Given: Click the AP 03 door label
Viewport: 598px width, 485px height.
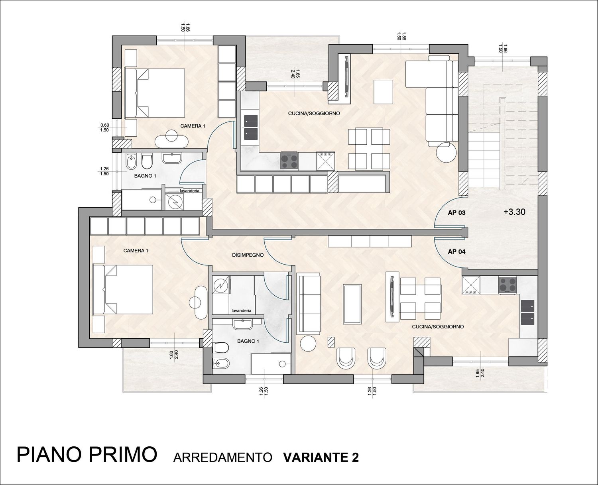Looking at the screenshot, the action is (456, 213).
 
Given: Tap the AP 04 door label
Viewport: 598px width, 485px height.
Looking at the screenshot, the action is (456, 252).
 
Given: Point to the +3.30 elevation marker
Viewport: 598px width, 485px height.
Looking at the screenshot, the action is (514, 212).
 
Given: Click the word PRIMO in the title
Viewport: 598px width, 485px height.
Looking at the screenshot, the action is (123, 455).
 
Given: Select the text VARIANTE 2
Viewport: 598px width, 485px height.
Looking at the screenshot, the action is (321, 458).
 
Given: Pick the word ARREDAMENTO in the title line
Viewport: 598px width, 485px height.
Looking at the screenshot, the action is (222, 458).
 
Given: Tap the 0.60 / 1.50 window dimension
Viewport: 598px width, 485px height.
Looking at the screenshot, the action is (104, 128).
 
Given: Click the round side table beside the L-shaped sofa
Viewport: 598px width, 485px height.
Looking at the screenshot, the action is (446, 152).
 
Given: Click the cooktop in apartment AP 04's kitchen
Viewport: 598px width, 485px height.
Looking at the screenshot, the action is (508, 285).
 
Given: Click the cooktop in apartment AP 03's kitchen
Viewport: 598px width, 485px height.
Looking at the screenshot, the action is (289, 161).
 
